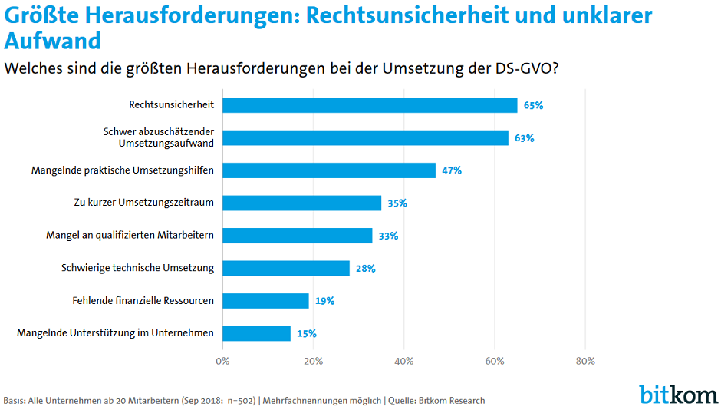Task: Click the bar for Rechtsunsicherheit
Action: click(370, 105)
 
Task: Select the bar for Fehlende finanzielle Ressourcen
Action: click(265, 301)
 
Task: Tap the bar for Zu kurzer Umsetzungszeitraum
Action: click(301, 203)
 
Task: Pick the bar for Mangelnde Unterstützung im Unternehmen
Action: click(256, 333)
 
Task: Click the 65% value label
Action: click(533, 105)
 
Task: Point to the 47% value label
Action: click(451, 170)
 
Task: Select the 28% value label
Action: click(365, 269)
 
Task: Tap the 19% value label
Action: click(324, 301)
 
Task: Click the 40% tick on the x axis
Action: click(404, 361)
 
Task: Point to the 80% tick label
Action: click(585, 361)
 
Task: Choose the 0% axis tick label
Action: click(222, 361)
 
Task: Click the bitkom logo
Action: click(678, 393)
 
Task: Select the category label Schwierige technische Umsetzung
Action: click(137, 268)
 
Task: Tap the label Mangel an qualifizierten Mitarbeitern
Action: click(130, 236)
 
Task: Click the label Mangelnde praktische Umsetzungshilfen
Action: click(122, 170)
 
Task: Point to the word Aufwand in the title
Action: click(52, 40)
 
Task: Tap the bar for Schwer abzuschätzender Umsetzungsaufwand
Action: click(365, 137)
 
